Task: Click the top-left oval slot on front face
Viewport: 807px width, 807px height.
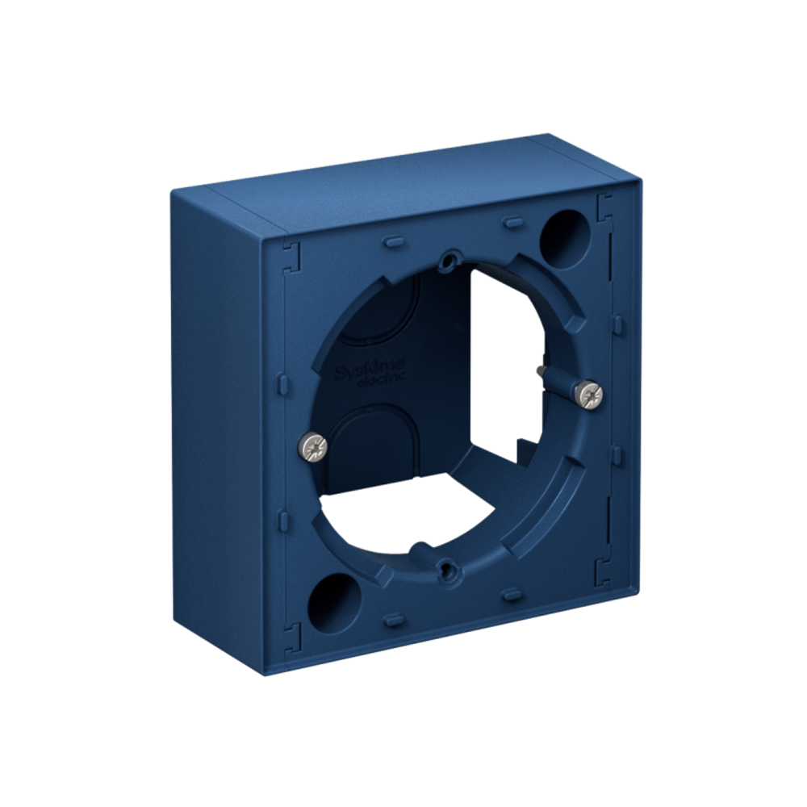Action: click(392, 240)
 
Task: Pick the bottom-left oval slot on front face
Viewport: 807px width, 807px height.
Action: click(393, 620)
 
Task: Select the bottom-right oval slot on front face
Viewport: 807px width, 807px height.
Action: click(511, 595)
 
